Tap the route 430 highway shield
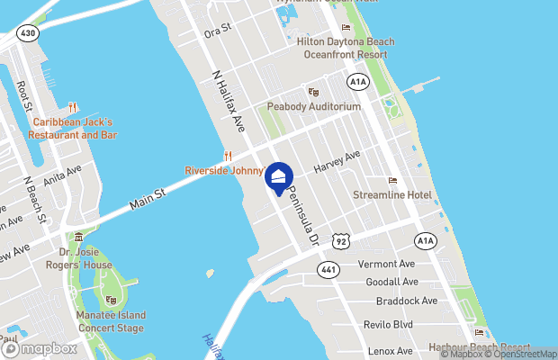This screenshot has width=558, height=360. click(28, 32)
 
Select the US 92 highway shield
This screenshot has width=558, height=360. click(341, 240)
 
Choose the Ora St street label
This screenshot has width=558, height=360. click(218, 30)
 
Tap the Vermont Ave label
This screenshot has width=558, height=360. click(386, 264)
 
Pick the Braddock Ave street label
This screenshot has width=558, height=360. click(407, 301)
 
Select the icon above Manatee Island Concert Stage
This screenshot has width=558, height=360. click(111, 300)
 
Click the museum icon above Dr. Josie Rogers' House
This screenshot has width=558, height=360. click(79, 238)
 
